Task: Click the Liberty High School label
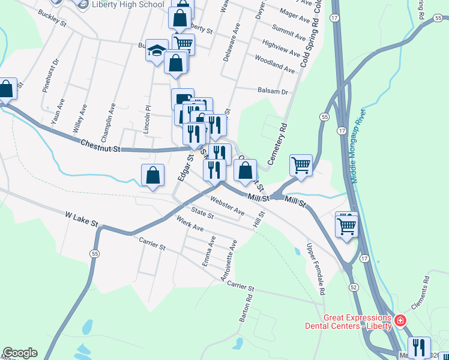(x=128, y=5)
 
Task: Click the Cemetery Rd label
(x=277, y=145)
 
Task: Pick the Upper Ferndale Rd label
(x=316, y=269)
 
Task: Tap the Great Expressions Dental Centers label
(x=357, y=322)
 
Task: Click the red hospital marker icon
(x=399, y=322)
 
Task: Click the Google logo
(x=20, y=353)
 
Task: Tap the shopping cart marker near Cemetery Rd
(x=301, y=164)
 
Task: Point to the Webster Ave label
(x=227, y=207)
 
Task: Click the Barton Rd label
(x=245, y=308)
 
